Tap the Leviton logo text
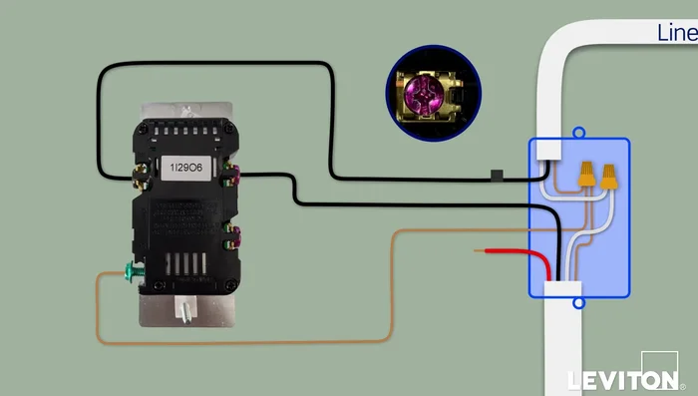(x=619, y=380)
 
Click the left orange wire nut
(x=587, y=176)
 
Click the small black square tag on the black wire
(x=495, y=179)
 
